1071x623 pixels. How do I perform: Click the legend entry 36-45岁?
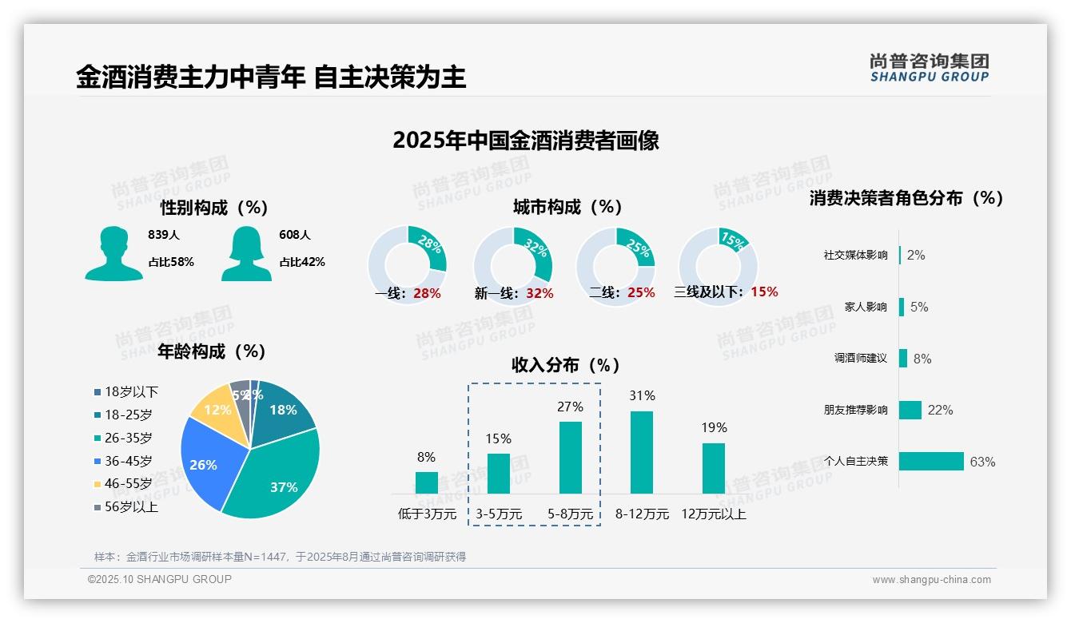coord(127,461)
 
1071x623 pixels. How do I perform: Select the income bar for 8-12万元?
coord(642,452)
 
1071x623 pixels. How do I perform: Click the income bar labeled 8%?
coord(426,482)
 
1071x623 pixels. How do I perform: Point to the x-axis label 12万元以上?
coord(713,514)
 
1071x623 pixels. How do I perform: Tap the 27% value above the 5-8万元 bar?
coord(570,407)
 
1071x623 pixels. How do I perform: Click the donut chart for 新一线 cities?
coord(513,265)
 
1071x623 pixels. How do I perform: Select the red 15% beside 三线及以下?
coord(764,292)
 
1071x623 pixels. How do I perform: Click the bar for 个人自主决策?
coord(932,462)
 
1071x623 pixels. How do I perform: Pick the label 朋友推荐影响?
coord(855,410)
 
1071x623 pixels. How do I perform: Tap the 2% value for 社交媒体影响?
coord(916,255)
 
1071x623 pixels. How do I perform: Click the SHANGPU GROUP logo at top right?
coord(929,68)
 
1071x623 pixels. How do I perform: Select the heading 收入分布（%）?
coord(566,365)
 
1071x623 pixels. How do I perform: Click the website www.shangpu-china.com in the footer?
coord(931,580)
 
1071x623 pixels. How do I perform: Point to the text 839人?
coord(164,235)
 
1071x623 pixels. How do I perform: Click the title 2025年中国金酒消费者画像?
coord(526,141)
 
